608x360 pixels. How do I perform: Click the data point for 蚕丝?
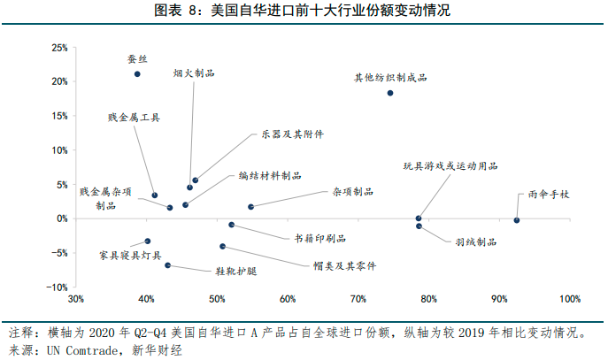click(x=137, y=74)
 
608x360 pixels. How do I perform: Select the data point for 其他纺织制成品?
click(x=390, y=93)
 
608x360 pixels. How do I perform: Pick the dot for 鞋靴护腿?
click(x=167, y=265)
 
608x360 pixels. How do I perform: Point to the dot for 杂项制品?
click(x=251, y=207)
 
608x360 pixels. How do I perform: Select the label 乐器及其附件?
click(x=293, y=134)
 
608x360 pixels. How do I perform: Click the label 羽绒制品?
click(x=475, y=241)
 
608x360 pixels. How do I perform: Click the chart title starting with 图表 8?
click(x=304, y=11)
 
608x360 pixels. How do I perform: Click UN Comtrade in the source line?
click(x=71, y=350)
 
